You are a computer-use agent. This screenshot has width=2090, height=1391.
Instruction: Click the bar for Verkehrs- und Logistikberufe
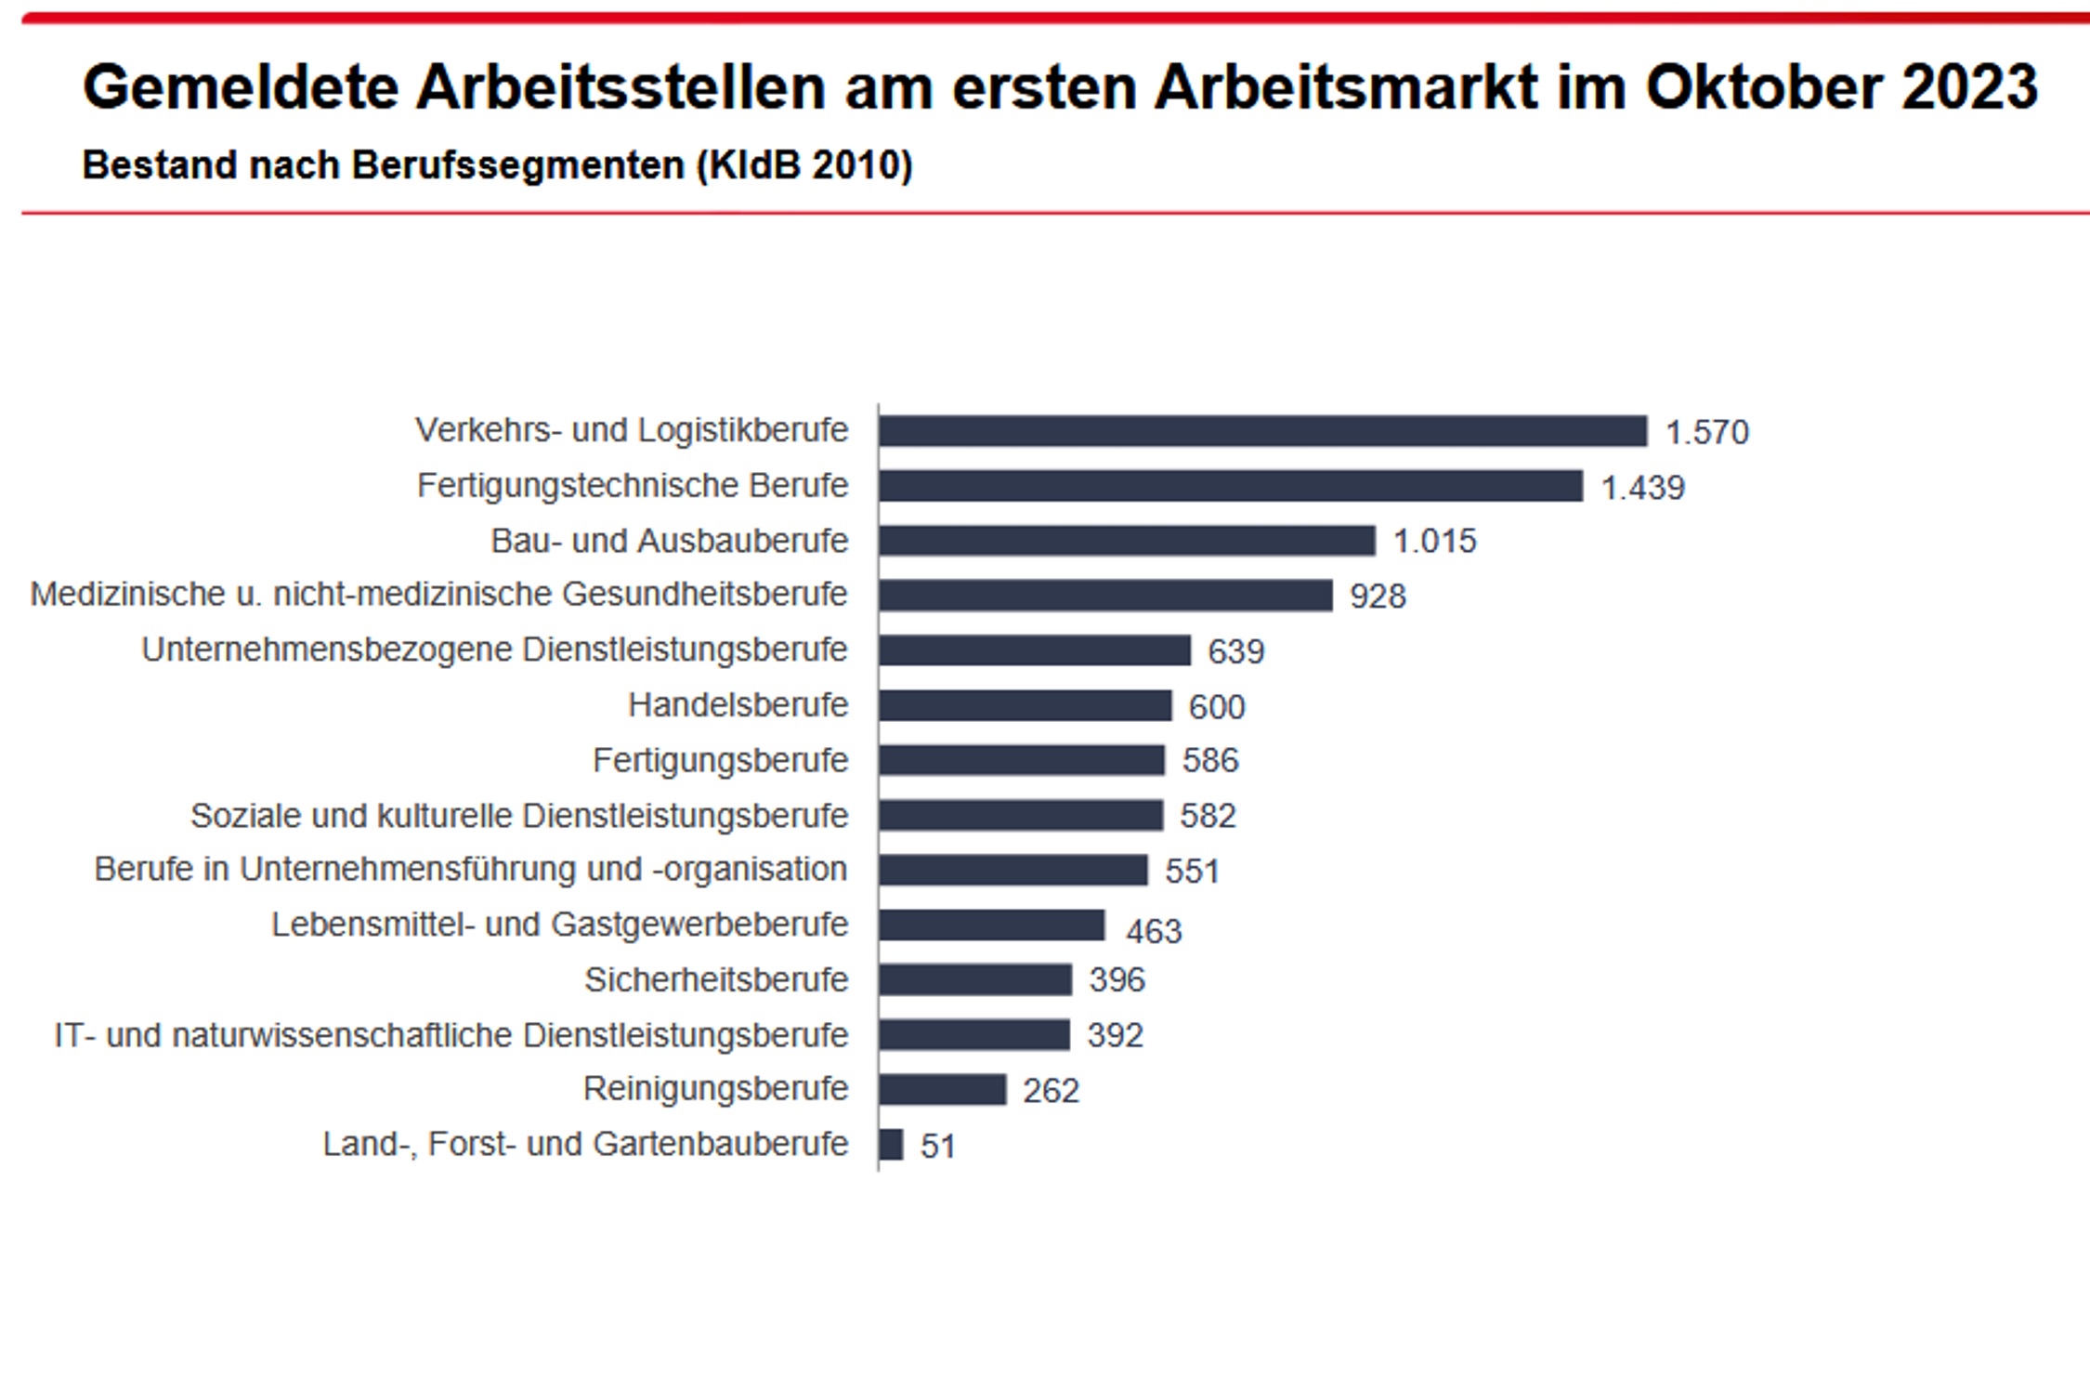pos(1262,431)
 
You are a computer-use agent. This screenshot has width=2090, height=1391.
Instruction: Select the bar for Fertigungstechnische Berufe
pos(1231,486)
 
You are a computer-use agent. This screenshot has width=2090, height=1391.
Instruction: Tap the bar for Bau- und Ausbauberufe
pos(1127,541)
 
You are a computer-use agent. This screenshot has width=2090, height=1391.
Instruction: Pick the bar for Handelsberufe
pos(1025,706)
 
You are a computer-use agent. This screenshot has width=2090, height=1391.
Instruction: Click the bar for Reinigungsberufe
pos(942,1090)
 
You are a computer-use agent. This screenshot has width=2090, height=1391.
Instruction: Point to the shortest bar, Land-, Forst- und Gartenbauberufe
pos(891,1145)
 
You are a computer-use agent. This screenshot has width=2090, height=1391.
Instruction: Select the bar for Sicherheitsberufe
pos(975,980)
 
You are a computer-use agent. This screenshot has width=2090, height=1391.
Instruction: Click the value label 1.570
pos(1706,433)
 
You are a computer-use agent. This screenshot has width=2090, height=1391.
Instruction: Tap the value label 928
pos(1378,597)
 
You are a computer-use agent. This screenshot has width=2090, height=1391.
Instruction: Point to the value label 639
pos(1235,651)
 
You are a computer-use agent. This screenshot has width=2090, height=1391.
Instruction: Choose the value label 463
pos(1153,931)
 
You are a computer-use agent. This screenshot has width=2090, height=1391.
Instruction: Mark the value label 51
pos(937,1147)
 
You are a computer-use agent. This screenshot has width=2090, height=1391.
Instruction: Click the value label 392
pos(1115,1035)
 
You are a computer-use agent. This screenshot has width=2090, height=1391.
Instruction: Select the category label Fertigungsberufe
pos(720,761)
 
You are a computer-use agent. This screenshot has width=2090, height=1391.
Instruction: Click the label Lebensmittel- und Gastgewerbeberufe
pos(559,925)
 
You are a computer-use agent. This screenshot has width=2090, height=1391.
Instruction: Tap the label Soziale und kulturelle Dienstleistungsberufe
pos(519,816)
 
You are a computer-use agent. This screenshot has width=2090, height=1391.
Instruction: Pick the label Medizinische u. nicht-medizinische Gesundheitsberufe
pos(438,595)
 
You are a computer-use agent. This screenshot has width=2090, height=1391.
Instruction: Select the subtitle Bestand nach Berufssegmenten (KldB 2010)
pos(497,165)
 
